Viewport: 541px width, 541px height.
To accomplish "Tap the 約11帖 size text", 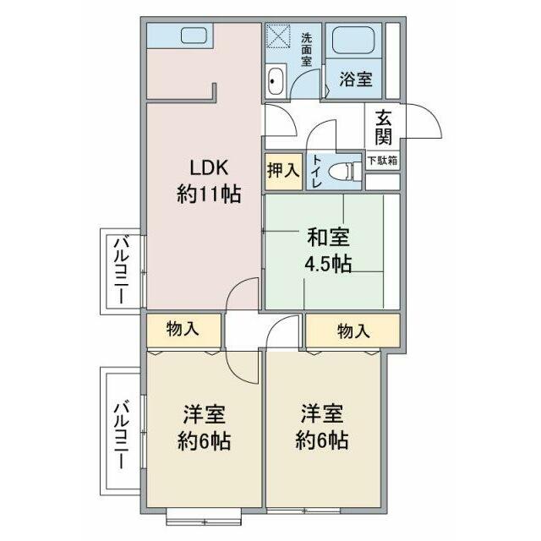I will coord(208,194).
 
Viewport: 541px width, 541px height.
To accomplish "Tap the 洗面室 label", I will coord(307,49).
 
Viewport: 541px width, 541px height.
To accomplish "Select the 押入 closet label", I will coord(283,170).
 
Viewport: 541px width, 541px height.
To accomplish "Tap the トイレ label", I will coord(317,170).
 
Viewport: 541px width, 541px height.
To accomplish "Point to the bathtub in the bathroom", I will coord(356,41).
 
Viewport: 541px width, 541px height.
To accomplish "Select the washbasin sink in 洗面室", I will coord(276,82).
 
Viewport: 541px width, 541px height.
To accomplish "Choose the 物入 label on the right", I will coord(353,331).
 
